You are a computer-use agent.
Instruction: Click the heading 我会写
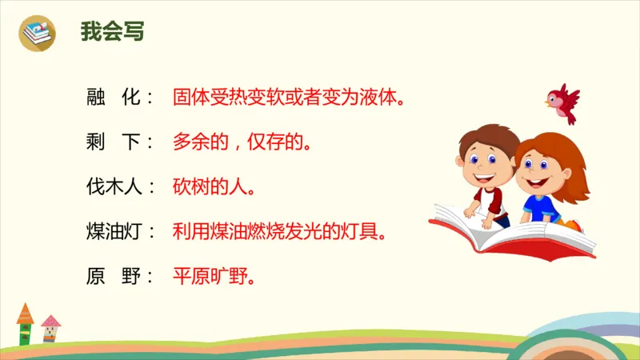click(112, 32)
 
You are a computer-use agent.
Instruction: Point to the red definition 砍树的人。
click(214, 188)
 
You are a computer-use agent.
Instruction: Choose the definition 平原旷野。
click(214, 278)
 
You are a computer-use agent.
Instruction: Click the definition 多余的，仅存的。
click(242, 143)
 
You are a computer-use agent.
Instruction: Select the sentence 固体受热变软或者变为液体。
click(288, 98)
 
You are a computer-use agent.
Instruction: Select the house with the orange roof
click(25, 324)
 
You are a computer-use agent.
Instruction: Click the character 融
click(96, 98)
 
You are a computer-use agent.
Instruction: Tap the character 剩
click(96, 143)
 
